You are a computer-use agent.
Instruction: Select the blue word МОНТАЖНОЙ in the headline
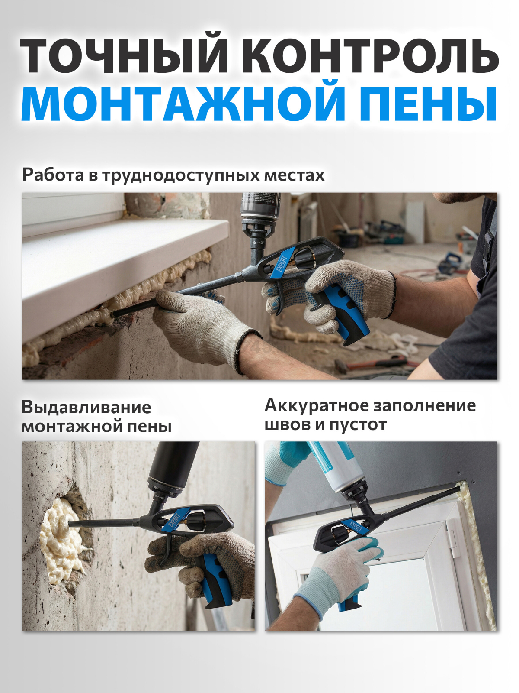click(x=184, y=104)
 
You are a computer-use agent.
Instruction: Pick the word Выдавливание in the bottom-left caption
click(x=86, y=408)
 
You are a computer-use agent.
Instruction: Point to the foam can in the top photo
click(x=261, y=208)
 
